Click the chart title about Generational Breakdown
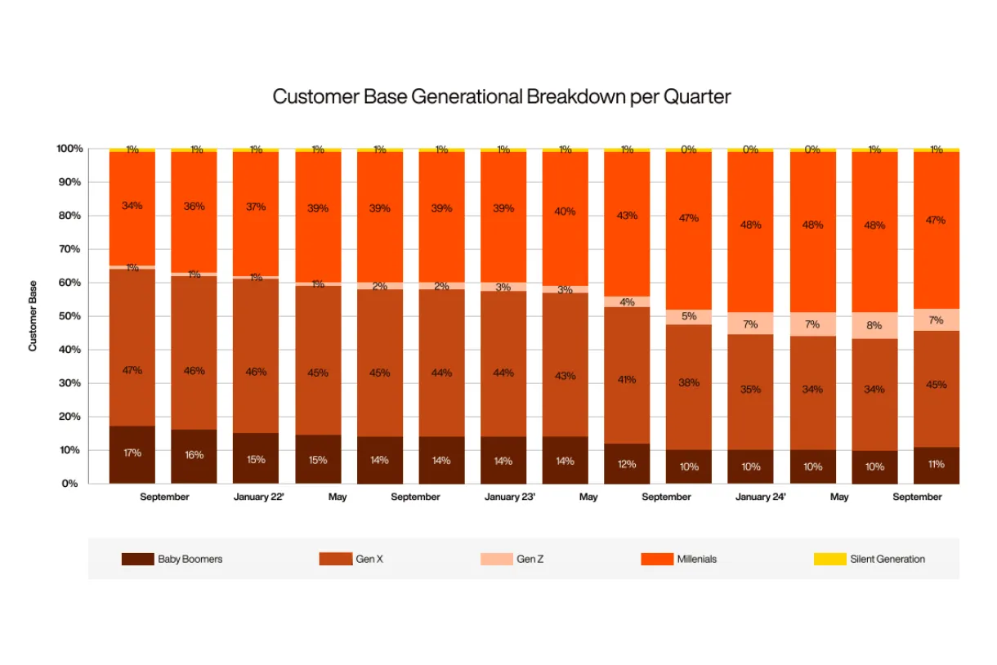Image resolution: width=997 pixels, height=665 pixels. [501, 96]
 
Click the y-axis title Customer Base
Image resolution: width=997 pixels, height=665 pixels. [34, 316]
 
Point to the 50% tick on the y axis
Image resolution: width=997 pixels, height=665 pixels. [69, 316]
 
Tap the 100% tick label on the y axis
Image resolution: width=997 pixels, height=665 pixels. [69, 149]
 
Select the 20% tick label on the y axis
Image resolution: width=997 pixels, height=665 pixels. [69, 417]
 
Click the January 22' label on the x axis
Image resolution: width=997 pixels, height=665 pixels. [258, 497]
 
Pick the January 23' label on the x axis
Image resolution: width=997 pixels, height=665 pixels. [509, 497]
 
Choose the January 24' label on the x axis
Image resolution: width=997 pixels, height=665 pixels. [760, 497]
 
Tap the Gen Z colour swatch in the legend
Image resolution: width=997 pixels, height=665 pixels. [497, 560]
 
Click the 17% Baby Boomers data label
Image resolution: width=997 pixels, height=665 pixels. [132, 453]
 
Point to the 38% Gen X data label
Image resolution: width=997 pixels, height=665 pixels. [689, 382]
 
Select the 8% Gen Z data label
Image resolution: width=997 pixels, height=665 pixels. [874, 325]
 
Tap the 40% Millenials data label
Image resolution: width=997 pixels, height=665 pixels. [565, 212]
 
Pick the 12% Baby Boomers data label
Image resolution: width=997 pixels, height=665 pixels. [627, 464]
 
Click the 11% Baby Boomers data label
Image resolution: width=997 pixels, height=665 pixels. [937, 464]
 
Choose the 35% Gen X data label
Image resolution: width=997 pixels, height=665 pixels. [750, 390]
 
